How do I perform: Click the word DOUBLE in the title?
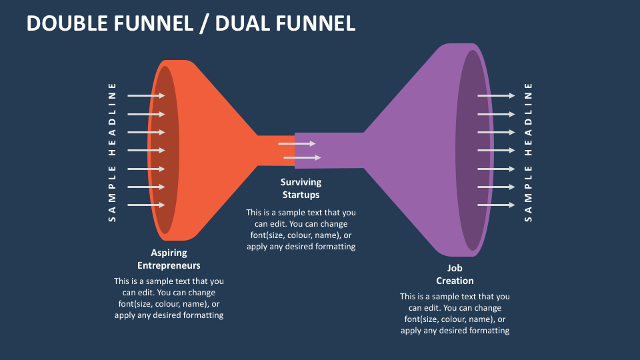coord(66,23)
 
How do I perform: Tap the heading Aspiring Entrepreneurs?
coord(169,259)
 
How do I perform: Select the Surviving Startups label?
coord(301,188)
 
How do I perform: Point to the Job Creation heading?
coord(455,274)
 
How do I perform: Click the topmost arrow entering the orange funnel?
coord(145,95)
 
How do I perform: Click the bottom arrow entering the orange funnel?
coord(145,205)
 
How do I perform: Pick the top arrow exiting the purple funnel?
coord(496,95)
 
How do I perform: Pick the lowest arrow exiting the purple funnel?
coord(496,205)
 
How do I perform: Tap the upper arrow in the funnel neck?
coord(297,143)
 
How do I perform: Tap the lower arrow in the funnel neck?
coord(302,158)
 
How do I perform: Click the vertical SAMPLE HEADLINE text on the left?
coord(112,151)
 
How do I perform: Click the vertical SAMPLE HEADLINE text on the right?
coord(529,151)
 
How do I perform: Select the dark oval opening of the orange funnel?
coord(165,150)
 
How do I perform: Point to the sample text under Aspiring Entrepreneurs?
coord(169,298)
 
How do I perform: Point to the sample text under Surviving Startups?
coord(301,229)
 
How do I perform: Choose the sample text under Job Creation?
coord(455,313)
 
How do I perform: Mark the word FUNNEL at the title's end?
coord(318,23)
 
